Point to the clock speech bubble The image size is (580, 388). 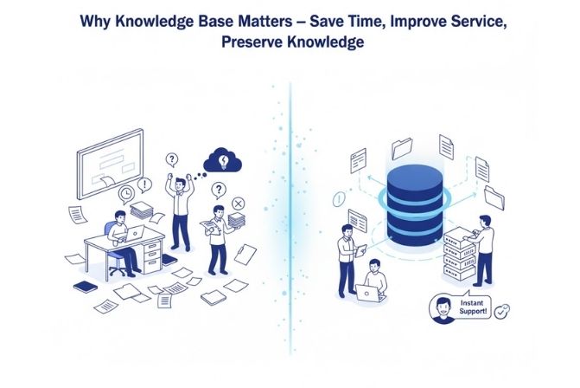pyautogui.click(x=127, y=193)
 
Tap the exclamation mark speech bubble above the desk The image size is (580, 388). pyautogui.click(x=144, y=184)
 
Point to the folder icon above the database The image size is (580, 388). pyautogui.click(x=402, y=148)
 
